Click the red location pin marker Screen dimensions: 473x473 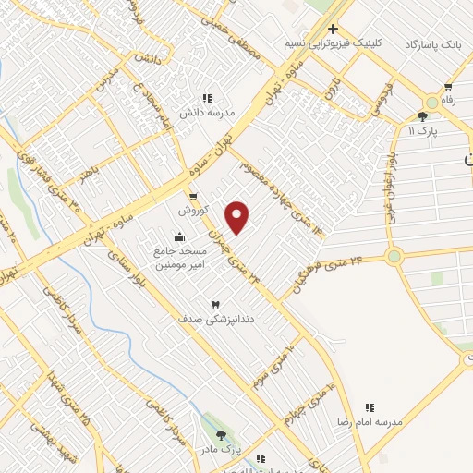click(x=237, y=217)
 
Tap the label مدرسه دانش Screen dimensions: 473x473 click(x=208, y=112)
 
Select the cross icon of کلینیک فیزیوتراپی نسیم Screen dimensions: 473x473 click(x=333, y=29)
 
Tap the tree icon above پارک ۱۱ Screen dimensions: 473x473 click(x=423, y=116)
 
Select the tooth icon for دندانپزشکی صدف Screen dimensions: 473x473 click(x=216, y=304)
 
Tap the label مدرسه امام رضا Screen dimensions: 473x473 click(x=370, y=420)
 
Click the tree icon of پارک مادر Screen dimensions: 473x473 click(x=220, y=435)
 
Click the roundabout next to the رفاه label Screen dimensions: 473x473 click(x=432, y=103)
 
